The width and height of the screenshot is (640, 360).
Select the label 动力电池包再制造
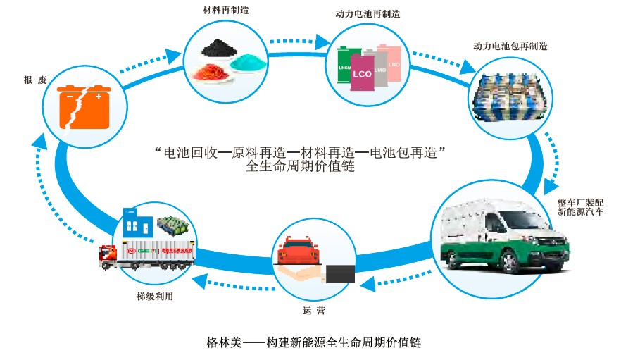(x=510, y=46)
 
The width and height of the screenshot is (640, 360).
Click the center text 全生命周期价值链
(x=301, y=168)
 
